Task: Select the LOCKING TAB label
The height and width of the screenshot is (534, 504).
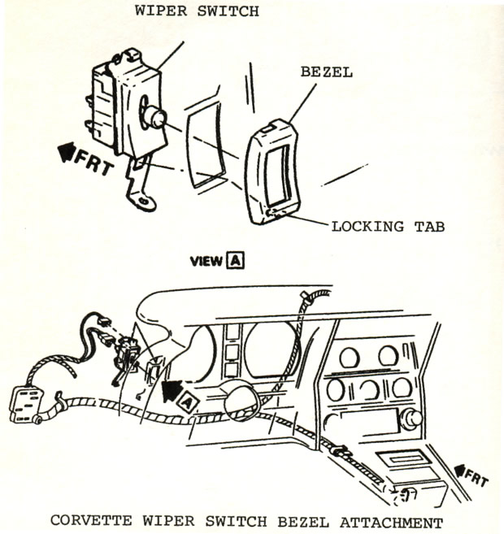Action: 388,226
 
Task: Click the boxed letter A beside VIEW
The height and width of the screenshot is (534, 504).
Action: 236,262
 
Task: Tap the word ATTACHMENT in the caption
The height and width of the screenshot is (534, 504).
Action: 393,522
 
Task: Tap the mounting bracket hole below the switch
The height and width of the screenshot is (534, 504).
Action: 146,200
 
